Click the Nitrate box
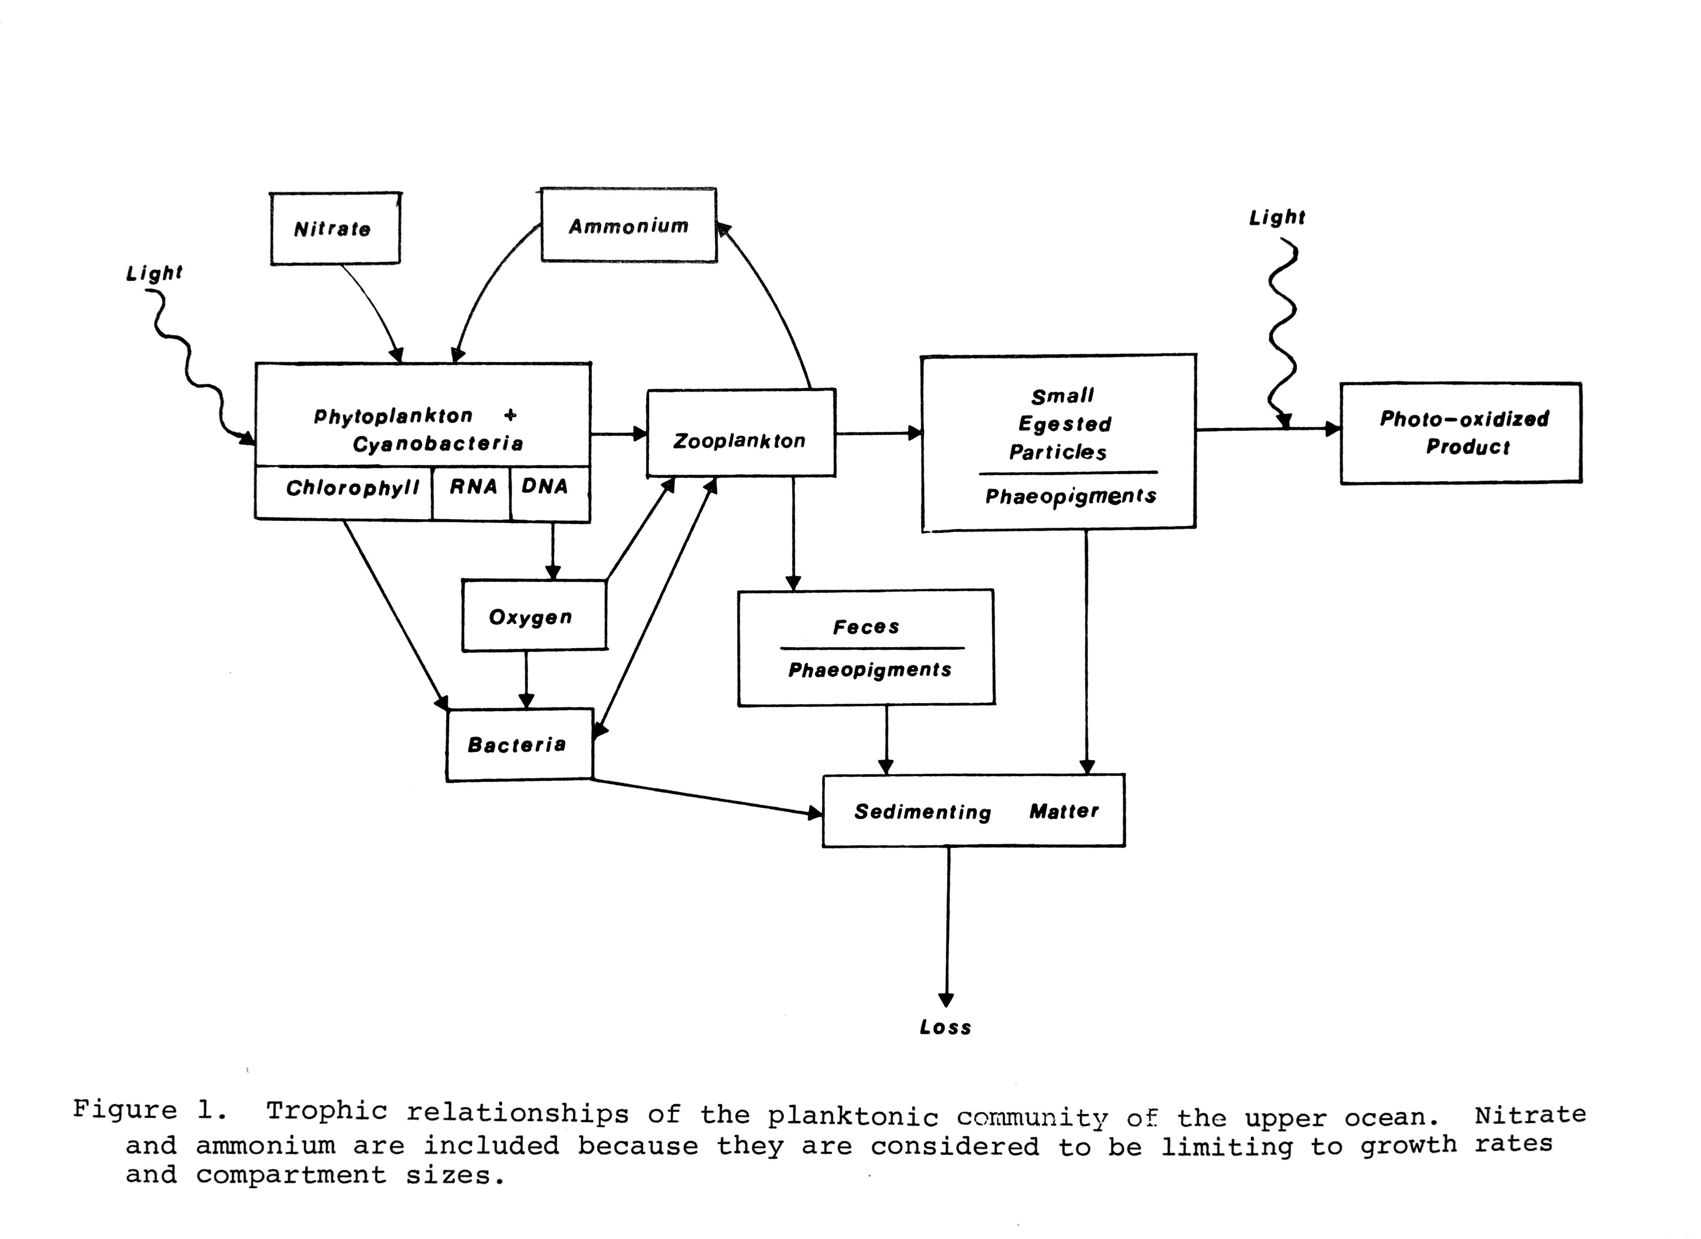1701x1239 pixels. tap(334, 228)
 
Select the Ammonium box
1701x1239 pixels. tap(629, 225)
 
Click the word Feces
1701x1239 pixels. tap(866, 627)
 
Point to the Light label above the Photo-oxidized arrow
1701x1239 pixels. tap(1277, 217)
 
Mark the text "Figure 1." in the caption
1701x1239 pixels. tap(149, 1109)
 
